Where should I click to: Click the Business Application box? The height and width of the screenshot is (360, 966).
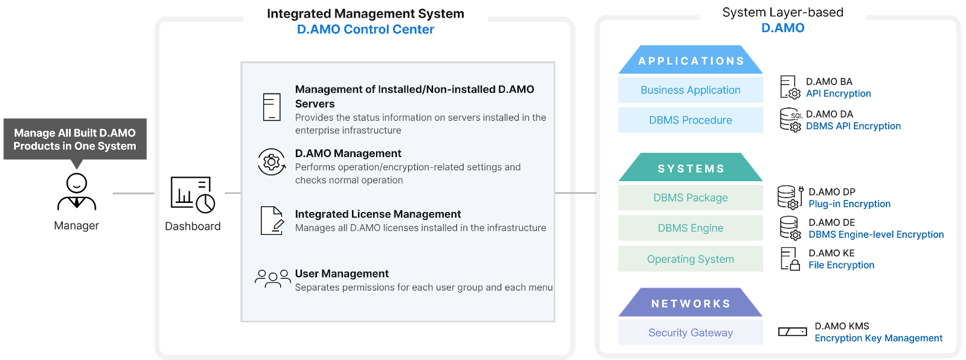[x=690, y=90]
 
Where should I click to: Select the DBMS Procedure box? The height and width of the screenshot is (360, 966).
[x=690, y=120]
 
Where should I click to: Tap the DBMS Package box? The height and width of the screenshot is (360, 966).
[x=690, y=198]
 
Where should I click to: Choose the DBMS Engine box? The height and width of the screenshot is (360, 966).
[x=690, y=228]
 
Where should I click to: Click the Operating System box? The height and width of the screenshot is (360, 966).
[x=690, y=259]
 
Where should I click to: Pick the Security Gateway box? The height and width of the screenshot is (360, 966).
[x=690, y=333]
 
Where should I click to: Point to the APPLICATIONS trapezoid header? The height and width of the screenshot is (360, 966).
[x=691, y=61]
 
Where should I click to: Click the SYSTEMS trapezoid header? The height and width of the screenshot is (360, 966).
[x=691, y=169]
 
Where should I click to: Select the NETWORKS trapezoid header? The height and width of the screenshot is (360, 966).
[x=691, y=304]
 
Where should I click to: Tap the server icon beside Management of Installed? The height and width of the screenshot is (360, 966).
[x=272, y=107]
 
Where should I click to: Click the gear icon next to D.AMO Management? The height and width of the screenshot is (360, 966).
[x=272, y=162]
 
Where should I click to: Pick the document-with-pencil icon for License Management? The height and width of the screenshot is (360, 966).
[x=272, y=220]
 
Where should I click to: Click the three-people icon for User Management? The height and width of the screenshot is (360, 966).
[x=272, y=278]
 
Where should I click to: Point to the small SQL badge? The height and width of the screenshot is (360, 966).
[x=796, y=115]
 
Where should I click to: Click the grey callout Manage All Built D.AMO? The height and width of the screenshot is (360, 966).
[x=75, y=140]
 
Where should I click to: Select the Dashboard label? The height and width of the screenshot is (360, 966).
[x=193, y=227]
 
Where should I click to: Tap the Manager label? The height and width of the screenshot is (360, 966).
[x=76, y=226]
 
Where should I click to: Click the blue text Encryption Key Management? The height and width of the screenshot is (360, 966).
[x=878, y=338]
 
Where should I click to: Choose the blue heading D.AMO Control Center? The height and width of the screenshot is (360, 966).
[x=365, y=29]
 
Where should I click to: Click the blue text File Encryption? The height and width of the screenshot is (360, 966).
[x=841, y=265]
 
